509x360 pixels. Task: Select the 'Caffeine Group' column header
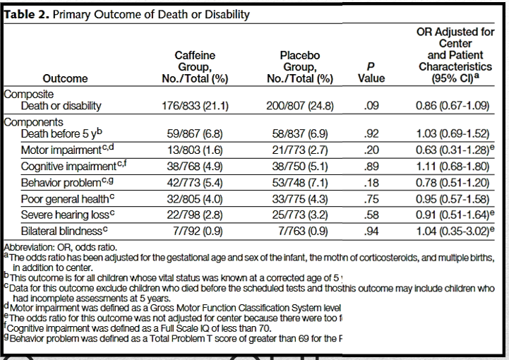(x=195, y=66)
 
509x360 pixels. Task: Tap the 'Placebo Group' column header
(x=300, y=66)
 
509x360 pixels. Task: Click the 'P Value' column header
(x=371, y=72)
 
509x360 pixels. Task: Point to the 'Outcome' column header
(x=65, y=79)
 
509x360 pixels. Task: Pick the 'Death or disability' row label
(x=61, y=106)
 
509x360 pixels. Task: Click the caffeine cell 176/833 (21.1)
(x=195, y=106)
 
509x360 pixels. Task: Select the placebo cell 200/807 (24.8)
(x=300, y=106)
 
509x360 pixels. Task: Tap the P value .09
(x=371, y=106)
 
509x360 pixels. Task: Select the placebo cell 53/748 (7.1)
(x=300, y=182)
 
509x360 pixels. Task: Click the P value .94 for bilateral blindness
(x=371, y=231)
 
